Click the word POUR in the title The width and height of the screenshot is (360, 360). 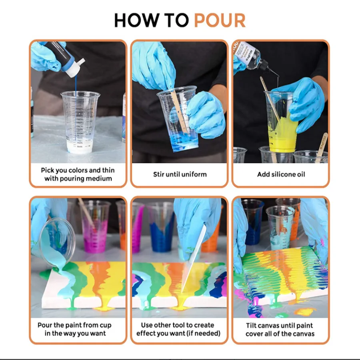coord(220,20)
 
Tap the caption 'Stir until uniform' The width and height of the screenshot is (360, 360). coord(180,174)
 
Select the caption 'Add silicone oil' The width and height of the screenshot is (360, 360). coord(281,174)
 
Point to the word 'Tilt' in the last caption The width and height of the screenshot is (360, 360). coord(252,325)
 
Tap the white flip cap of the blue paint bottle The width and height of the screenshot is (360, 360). coord(76,68)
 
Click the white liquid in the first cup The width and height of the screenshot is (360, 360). coord(80,146)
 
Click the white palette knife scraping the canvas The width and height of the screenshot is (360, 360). coord(193,258)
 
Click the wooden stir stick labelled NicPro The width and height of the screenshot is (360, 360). coord(322,147)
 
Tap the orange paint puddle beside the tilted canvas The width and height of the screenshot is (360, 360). coord(305,312)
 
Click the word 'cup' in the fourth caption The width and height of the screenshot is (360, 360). coord(105,325)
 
